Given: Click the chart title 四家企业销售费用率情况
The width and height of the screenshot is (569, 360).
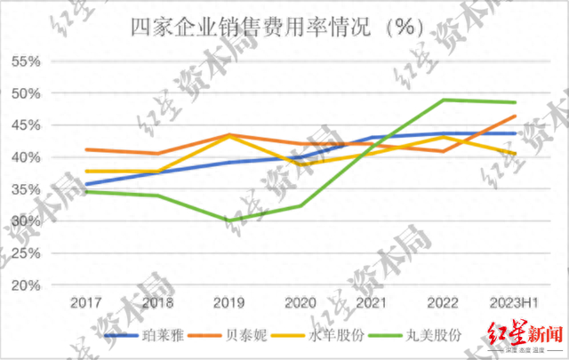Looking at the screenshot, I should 276,27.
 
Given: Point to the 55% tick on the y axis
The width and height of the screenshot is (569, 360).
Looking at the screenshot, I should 27,61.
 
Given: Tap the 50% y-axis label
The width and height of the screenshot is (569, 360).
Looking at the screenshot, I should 27,93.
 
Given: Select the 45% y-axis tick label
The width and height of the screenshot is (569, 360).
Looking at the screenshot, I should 27,125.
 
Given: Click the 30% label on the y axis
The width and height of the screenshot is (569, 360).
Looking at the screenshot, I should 27,221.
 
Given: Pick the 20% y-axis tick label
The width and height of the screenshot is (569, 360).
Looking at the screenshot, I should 27,285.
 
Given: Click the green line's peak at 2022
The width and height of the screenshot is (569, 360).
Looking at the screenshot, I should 444,100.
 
